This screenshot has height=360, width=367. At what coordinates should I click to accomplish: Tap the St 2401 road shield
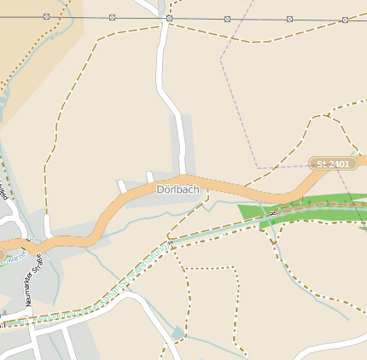[x=333, y=163]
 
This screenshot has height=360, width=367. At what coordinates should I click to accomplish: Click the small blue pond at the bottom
[x=178, y=333]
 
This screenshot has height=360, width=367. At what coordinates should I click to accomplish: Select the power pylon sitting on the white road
[x=169, y=18]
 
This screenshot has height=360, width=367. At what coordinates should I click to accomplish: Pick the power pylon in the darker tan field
[x=46, y=16]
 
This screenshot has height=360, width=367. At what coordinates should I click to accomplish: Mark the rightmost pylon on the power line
[x=345, y=19]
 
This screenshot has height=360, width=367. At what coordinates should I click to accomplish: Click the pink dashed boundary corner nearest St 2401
[x=258, y=166]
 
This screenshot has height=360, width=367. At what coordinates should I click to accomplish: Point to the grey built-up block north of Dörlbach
[x=181, y=141]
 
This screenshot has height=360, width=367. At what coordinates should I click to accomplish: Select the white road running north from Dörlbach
[x=165, y=77]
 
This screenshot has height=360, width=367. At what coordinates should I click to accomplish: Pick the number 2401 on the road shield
[x=338, y=163]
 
